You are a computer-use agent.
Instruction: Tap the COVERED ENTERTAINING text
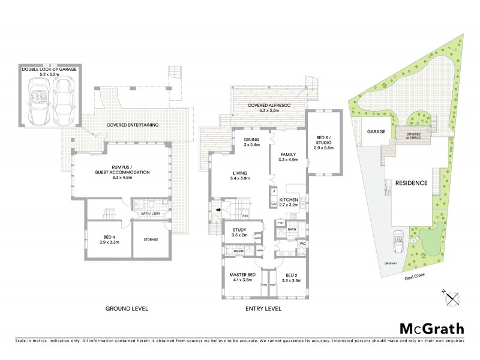[133, 125]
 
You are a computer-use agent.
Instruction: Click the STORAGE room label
[151, 239]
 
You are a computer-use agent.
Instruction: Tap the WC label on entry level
[303, 244]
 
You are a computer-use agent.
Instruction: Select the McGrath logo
[431, 328]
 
